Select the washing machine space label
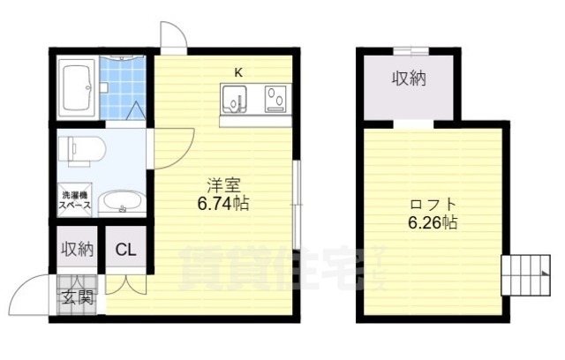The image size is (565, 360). (75, 200)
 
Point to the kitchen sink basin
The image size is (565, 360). (234, 99)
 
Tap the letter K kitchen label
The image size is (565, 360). (238, 72)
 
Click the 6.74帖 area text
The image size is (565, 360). (223, 204)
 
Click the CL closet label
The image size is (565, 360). (125, 249)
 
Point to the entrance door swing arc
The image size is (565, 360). (25, 288)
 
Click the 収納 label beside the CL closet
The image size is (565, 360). (78, 249)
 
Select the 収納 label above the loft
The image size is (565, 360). (409, 79)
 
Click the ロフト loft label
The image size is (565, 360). (433, 205)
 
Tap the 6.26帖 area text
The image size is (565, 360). (433, 222)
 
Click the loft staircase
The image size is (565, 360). (526, 275)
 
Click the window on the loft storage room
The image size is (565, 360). (411, 51)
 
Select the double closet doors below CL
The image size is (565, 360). (126, 284)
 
